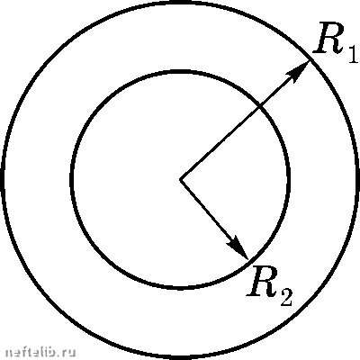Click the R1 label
click(x=336, y=42)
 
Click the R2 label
click(x=269, y=286)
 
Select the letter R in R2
click(x=262, y=282)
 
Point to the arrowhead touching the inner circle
click(x=238, y=247)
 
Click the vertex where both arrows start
click(x=180, y=180)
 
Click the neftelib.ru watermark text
click(x=40, y=352)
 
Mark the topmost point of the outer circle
click(x=180, y=3)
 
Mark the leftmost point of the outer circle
click(x=3, y=180)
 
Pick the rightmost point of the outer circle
click(x=357, y=180)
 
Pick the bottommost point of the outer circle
click(x=180, y=357)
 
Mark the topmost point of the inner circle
click(x=180, y=72)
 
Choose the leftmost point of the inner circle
click(x=72, y=180)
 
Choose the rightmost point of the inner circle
click(x=289, y=180)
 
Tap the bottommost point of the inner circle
click(x=180, y=288)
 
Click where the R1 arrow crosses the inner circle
click(x=260, y=106)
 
